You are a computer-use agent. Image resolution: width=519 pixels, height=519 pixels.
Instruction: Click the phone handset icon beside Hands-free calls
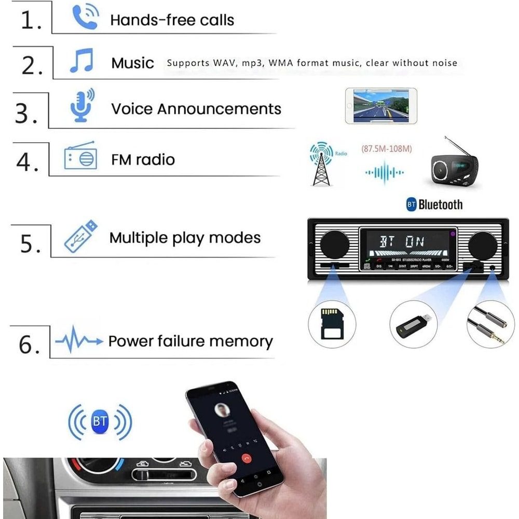[x=84, y=17]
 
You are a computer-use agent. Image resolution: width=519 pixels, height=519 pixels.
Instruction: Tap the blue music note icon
[x=81, y=61]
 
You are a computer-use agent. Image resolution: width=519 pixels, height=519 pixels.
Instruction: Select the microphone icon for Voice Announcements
[x=82, y=105]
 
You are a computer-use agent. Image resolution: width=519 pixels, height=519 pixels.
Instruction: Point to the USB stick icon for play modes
[x=80, y=236]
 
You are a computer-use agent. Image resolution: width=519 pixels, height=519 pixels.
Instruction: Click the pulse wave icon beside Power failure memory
[x=79, y=341]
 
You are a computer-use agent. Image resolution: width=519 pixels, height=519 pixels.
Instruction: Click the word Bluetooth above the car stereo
[x=440, y=204]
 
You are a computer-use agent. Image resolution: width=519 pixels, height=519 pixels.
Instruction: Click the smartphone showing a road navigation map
[x=381, y=105]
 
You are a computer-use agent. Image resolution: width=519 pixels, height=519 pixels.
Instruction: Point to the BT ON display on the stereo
[x=402, y=241]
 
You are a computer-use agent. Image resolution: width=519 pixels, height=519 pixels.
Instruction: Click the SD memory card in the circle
[x=331, y=324]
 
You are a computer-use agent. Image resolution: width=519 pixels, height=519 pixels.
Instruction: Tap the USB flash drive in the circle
[x=413, y=324]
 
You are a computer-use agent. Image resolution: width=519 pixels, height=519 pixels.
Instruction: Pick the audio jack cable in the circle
[x=490, y=324]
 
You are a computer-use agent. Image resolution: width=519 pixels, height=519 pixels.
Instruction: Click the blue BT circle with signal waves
[x=100, y=421]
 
